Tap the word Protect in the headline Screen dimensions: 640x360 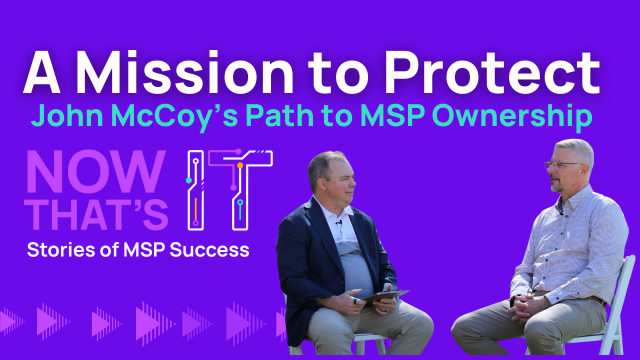coord(492,72)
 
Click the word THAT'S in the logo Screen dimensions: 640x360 coord(96,214)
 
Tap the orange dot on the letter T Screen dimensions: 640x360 coord(240,165)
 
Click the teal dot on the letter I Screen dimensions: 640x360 coord(188,180)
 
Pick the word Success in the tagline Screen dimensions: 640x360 coord(209,249)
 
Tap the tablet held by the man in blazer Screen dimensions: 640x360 coord(385,297)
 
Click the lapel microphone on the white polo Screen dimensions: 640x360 coord(339,223)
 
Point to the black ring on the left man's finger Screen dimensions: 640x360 coord(355,301)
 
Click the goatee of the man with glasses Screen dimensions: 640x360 coord(557,187)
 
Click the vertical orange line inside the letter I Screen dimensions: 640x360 coord(195,209)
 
